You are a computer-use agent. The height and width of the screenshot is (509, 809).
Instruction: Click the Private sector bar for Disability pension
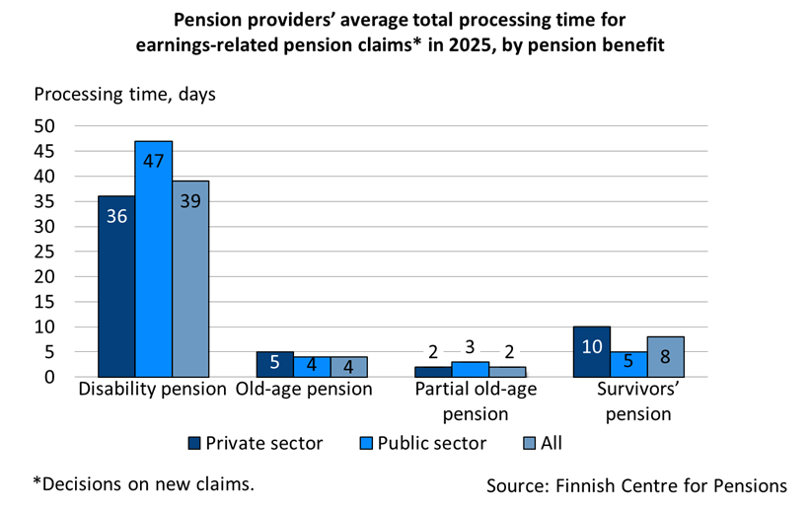pyautogui.click(x=116, y=286)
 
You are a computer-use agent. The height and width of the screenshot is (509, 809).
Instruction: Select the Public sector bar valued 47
pyautogui.click(x=154, y=258)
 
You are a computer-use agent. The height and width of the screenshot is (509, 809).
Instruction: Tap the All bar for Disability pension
pyautogui.click(x=190, y=278)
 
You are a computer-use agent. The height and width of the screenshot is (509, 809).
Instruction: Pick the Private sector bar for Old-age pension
pyautogui.click(x=274, y=364)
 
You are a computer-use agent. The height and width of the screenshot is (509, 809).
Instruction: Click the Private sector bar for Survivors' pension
pyautogui.click(x=591, y=351)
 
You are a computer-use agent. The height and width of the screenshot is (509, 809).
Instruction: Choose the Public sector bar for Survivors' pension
pyautogui.click(x=628, y=364)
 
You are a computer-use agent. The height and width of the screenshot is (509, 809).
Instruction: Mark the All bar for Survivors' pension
pyautogui.click(x=666, y=356)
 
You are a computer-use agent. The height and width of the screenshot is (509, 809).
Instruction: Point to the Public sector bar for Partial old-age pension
pyautogui.click(x=470, y=369)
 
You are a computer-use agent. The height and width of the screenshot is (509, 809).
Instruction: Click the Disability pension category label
pyautogui.click(x=153, y=389)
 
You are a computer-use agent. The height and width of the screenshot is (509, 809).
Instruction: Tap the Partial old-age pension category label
pyautogui.click(x=470, y=400)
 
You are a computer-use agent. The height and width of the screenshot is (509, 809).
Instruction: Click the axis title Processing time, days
pyautogui.click(x=124, y=95)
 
